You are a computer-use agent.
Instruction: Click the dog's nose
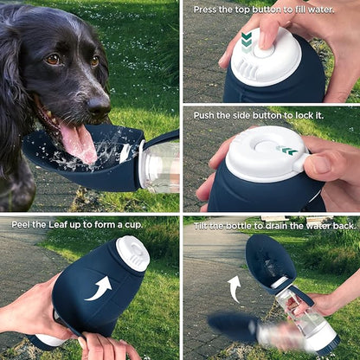pyautogui.click(x=99, y=106)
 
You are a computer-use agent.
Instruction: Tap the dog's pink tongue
pyautogui.click(x=79, y=142)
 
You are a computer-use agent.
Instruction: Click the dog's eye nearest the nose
pyautogui.click(x=95, y=61)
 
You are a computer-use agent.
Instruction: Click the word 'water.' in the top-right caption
pyautogui.click(x=321, y=10)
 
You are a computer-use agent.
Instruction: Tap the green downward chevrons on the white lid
pyautogui.click(x=247, y=42)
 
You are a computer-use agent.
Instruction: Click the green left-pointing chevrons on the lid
pyautogui.click(x=287, y=151)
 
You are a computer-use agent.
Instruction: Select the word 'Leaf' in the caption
pyautogui.click(x=58, y=225)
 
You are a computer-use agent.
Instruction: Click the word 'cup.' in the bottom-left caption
pyautogui.click(x=134, y=225)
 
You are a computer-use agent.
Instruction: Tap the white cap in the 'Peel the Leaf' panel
pyautogui.click(x=133, y=254)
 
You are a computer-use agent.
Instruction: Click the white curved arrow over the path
pyautogui.click(x=235, y=289)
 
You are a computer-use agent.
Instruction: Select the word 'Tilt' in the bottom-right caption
pyautogui.click(x=201, y=226)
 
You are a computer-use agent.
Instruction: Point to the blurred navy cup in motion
pyautogui.click(x=231, y=328)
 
